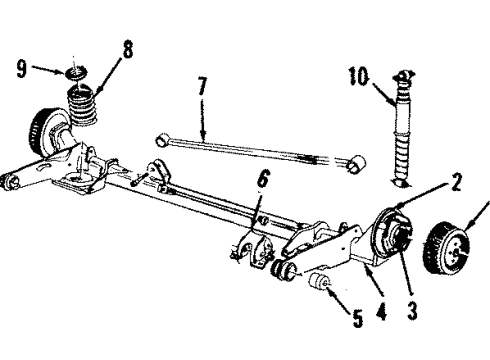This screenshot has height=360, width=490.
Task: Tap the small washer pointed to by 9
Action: (73, 74)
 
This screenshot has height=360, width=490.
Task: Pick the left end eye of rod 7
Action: (162, 138)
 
